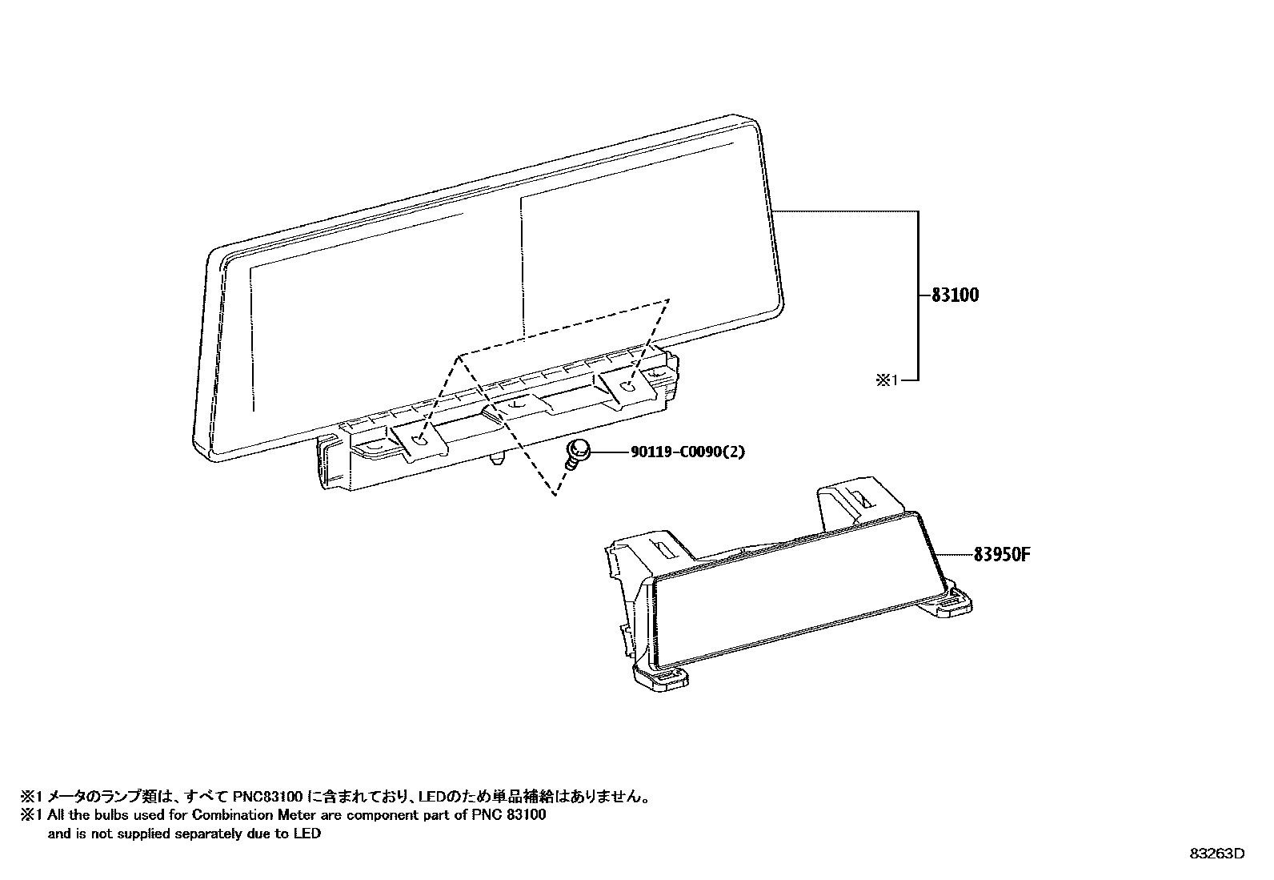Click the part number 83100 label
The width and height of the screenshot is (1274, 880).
[955, 295]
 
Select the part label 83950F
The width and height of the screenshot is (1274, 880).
[1001, 554]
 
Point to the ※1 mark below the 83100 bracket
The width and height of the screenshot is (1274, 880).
[887, 380]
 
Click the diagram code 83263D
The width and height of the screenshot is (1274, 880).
[1216, 853]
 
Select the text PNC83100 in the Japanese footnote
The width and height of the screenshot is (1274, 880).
[267, 797]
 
